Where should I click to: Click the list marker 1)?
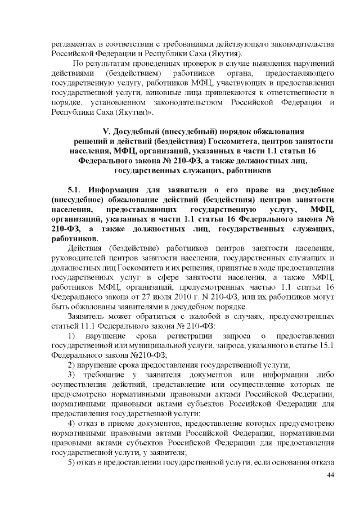(72, 336)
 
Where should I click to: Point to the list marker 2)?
(72, 366)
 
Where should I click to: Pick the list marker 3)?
(72, 375)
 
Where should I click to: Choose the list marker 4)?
(72, 424)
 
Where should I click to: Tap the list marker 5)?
(72, 462)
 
